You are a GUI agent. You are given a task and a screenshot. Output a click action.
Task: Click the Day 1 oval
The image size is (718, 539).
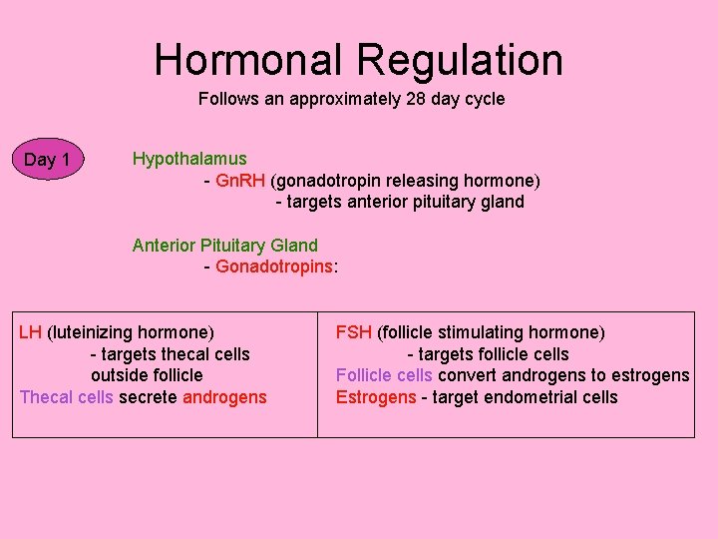[47, 160]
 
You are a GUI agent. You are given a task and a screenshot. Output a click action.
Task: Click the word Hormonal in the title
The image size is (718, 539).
[249, 59]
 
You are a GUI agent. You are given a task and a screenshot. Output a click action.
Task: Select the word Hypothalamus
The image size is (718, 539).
[189, 159]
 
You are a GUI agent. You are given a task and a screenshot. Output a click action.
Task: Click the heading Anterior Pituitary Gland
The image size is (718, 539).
[225, 245]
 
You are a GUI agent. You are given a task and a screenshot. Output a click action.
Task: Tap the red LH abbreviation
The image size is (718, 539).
[30, 331]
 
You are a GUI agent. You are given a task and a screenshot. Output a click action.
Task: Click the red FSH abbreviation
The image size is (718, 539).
[354, 331]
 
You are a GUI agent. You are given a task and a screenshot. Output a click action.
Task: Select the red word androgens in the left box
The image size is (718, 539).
[224, 397]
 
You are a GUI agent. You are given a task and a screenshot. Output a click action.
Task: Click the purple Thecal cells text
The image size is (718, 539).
[67, 397]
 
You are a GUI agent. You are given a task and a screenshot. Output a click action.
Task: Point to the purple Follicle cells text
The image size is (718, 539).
[384, 375]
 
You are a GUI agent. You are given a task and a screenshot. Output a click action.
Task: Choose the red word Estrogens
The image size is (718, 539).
[376, 397]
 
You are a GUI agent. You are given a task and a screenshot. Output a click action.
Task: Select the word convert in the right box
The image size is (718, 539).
[468, 375]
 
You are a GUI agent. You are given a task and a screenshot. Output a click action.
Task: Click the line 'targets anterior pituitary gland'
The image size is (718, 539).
[400, 202]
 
